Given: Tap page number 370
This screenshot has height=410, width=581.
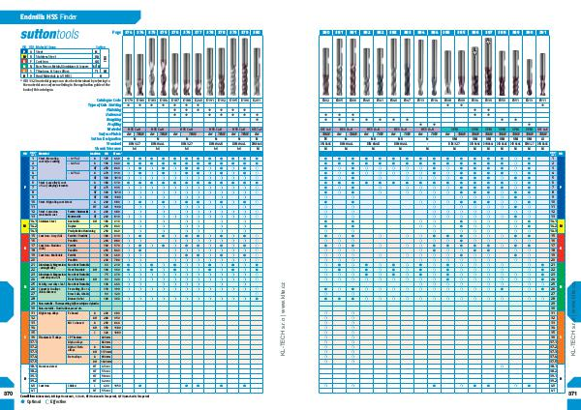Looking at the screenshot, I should pos(9,394).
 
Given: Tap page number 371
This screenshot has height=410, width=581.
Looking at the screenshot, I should pos(572,394).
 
